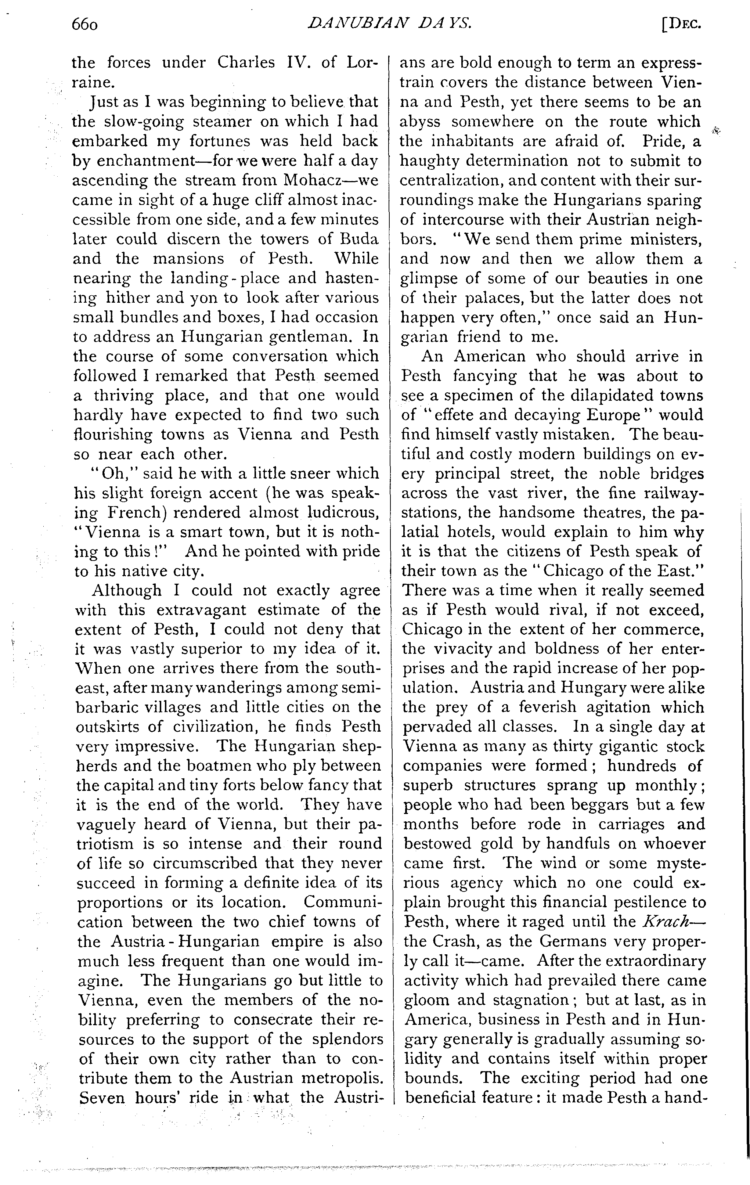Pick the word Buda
point(360,239)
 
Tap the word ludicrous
point(340,513)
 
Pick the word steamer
point(209,122)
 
